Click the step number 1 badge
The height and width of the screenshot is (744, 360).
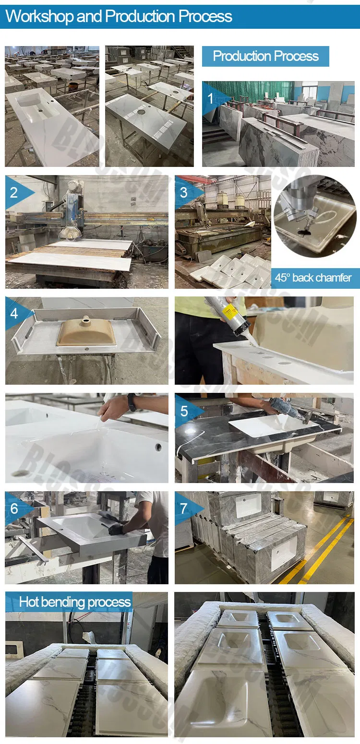point(210,99)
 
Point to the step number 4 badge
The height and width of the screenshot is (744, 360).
point(14,313)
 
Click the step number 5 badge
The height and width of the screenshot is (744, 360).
point(184,411)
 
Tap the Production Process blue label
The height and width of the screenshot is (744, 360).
point(265,56)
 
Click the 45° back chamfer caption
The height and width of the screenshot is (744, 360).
point(313,278)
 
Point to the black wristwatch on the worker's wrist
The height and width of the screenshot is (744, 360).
point(132,402)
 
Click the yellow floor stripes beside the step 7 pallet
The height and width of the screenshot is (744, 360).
point(322,552)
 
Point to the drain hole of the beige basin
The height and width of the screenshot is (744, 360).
point(86,319)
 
